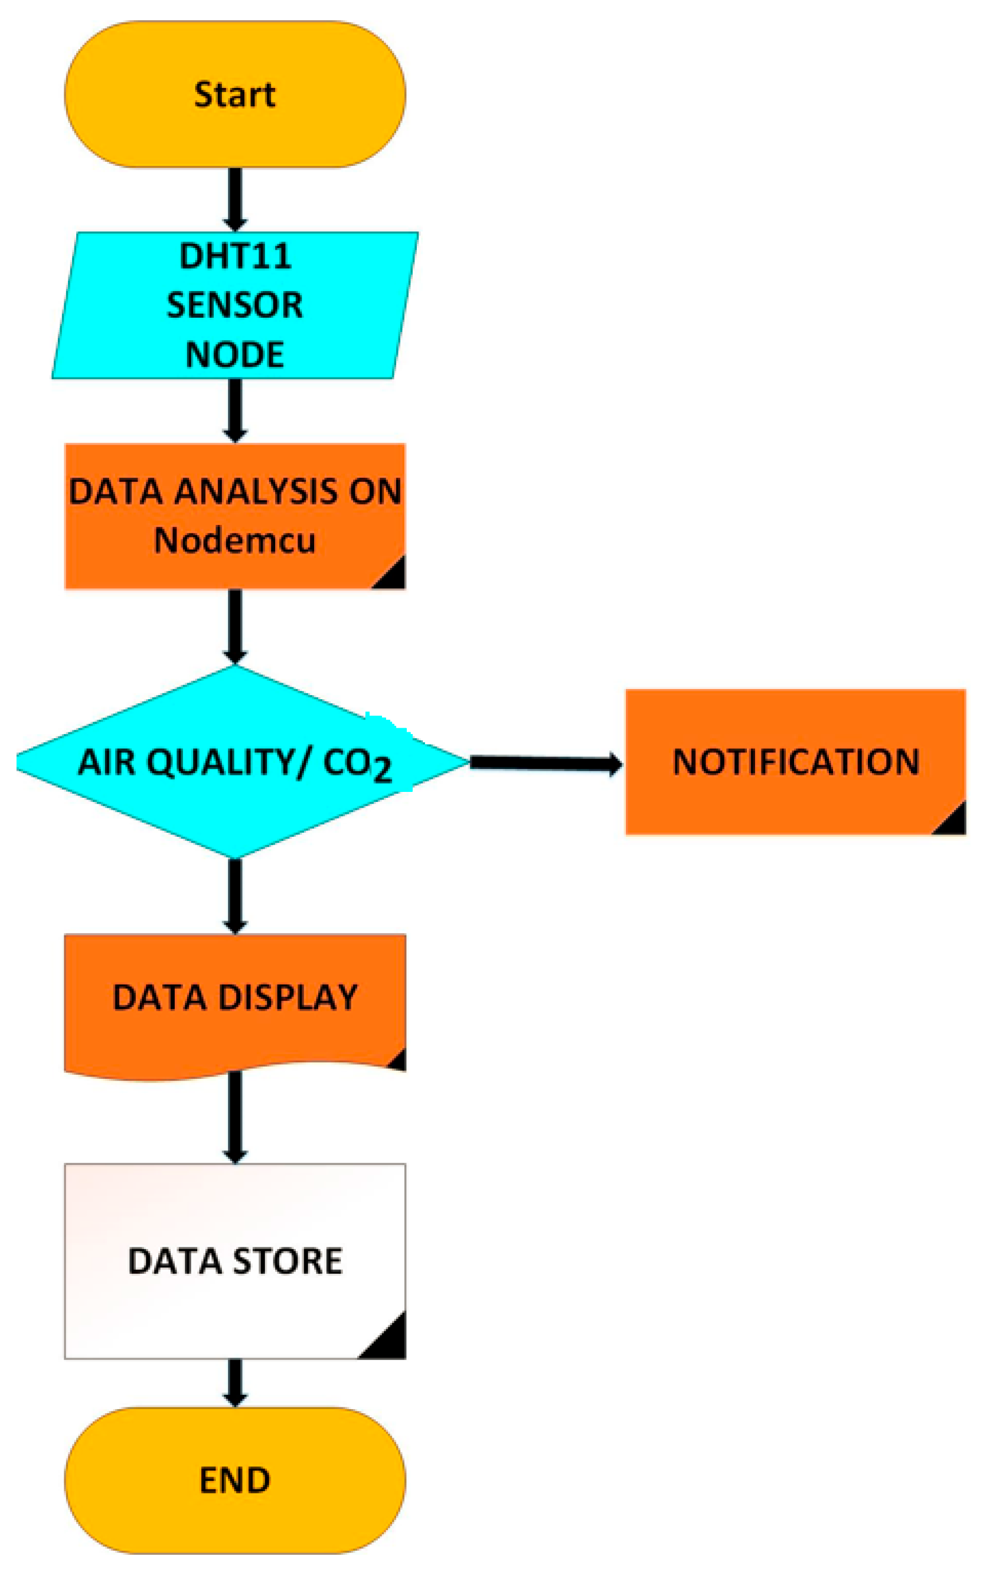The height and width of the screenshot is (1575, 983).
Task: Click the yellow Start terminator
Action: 235,94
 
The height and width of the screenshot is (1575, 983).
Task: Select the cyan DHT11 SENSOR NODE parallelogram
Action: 235,305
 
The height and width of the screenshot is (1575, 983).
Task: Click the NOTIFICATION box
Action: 795,761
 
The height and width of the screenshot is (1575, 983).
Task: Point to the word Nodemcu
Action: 235,540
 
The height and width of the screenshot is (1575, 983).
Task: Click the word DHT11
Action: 235,256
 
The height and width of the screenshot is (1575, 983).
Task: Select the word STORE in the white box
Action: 288,1261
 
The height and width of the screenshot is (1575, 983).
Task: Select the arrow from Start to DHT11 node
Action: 235,198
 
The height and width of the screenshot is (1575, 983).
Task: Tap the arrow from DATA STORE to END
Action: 235,1382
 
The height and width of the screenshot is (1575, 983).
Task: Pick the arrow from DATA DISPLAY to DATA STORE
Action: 235,1115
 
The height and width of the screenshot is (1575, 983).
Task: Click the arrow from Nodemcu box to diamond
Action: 235,626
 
